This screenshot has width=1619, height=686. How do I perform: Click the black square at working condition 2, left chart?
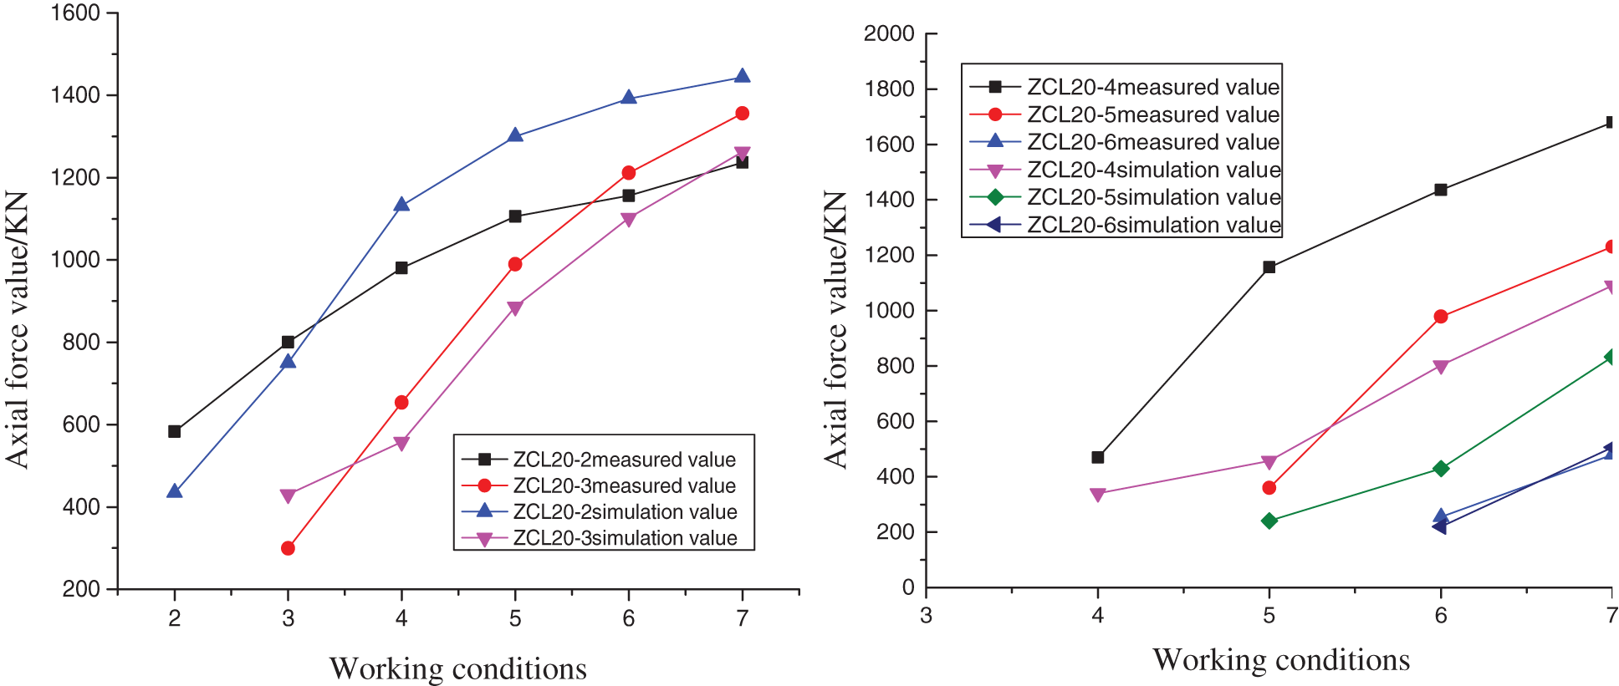pyautogui.click(x=174, y=431)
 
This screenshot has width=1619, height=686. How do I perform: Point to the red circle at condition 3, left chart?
pyautogui.click(x=288, y=548)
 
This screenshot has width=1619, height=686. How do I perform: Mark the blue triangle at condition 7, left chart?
pyautogui.click(x=742, y=77)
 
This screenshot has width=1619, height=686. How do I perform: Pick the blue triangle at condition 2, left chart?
pyautogui.click(x=174, y=491)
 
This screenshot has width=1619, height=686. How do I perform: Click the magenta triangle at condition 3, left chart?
pyautogui.click(x=288, y=496)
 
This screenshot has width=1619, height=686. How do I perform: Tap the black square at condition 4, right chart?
pyautogui.click(x=1097, y=457)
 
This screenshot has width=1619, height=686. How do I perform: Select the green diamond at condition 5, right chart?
pyautogui.click(x=1269, y=521)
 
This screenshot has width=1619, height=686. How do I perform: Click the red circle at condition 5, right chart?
pyautogui.click(x=1269, y=487)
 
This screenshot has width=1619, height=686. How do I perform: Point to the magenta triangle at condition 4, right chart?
pyautogui.click(x=1097, y=495)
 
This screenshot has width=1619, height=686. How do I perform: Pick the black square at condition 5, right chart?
pyautogui.click(x=1269, y=267)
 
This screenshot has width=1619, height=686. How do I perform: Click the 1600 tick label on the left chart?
pyautogui.click(x=75, y=13)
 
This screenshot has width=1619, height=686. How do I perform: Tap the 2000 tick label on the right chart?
pyautogui.click(x=889, y=33)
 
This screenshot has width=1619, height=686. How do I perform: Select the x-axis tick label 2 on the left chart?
pyautogui.click(x=174, y=618)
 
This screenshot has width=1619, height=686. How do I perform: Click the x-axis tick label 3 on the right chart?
pyautogui.click(x=926, y=616)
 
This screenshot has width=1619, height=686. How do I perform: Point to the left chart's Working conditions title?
pyautogui.click(x=457, y=668)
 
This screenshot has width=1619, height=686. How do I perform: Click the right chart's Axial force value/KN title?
pyautogui.click(x=836, y=328)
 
